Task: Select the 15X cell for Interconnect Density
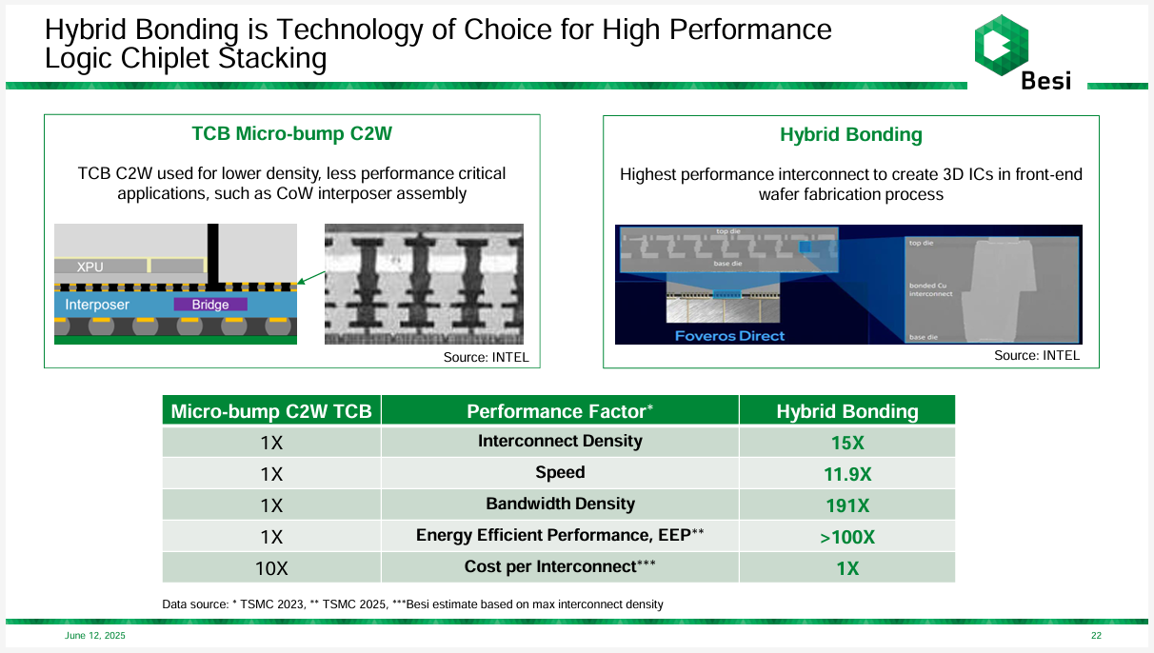846,444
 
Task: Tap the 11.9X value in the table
846,474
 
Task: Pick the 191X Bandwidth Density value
846,505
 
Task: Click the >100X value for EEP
846,537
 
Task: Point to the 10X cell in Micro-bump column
271,568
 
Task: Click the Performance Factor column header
560,411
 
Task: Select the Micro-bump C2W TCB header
271,411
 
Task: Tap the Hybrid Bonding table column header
846,411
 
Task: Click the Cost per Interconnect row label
560,567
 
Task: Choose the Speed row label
560,473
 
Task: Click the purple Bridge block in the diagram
210,305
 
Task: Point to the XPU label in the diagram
90,267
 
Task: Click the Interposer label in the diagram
97,305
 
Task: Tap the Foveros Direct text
729,335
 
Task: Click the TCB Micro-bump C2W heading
292,134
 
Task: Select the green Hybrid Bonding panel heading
850,135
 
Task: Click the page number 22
1096,635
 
